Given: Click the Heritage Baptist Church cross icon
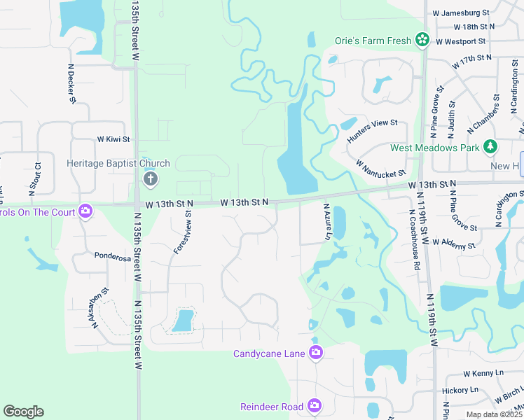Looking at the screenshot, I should click(149, 180).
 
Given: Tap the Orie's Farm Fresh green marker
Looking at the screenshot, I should click(422, 41).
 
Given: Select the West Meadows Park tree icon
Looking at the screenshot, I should click(491, 147).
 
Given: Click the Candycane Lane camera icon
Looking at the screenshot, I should click(316, 353).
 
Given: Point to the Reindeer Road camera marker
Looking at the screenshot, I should click(315, 406).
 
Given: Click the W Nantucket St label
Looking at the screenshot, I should click(380, 168).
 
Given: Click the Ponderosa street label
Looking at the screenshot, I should click(113, 257).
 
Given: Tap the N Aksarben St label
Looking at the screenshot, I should click(99, 309).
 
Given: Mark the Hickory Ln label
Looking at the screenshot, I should click(460, 390).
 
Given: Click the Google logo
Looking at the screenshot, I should click(23, 412).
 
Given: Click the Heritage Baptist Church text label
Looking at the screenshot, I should click(118, 164).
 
